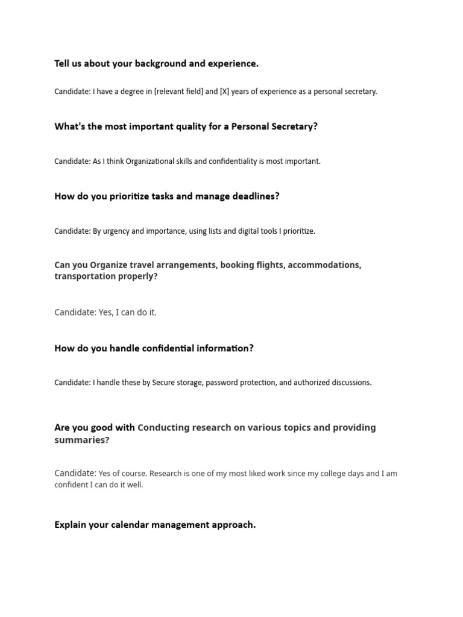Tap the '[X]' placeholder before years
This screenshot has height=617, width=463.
(226, 92)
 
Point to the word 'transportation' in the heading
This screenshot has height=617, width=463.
(85, 277)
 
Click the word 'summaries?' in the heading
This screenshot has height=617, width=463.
(82, 440)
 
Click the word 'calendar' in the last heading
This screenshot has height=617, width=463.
(130, 525)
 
